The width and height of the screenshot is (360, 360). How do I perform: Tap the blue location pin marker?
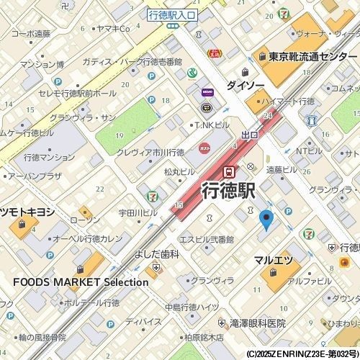coord(266,220)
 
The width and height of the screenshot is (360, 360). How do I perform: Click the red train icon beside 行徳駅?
coord(229,171)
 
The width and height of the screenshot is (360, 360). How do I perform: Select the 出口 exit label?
coord(250,135)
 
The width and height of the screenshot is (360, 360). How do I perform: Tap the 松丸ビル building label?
coord(179,172)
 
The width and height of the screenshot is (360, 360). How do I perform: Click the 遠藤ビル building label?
coord(282,170)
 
